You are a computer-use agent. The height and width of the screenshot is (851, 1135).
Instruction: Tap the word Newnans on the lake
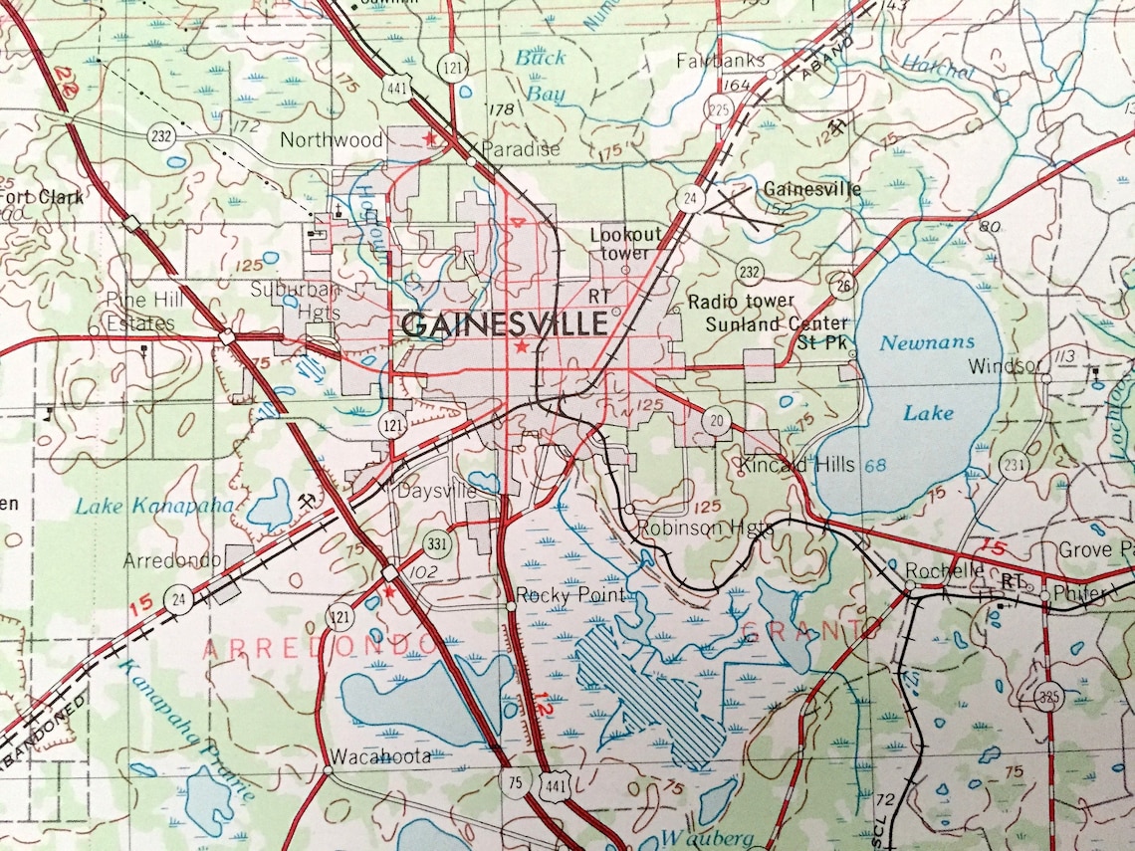point(913,342)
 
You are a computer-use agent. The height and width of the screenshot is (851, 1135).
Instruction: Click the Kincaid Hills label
point(796,465)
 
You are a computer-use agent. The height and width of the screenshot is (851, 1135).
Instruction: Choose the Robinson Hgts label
point(704,528)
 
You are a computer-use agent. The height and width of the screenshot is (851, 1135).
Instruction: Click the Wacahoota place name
point(382,755)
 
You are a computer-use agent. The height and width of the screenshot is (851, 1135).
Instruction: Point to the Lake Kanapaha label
point(154,506)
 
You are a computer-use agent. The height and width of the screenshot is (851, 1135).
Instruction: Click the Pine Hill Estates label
point(141,312)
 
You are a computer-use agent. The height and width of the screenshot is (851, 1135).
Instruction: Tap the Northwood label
point(332,140)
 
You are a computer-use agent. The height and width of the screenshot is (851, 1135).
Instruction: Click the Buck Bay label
point(541,76)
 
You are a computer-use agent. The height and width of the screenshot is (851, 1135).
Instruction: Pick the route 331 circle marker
point(435,544)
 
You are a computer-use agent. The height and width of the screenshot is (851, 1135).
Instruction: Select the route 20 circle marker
point(716,421)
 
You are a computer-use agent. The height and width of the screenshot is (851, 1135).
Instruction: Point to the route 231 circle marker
point(1014,465)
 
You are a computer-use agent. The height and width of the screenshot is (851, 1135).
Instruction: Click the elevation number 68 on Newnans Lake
point(875,466)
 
